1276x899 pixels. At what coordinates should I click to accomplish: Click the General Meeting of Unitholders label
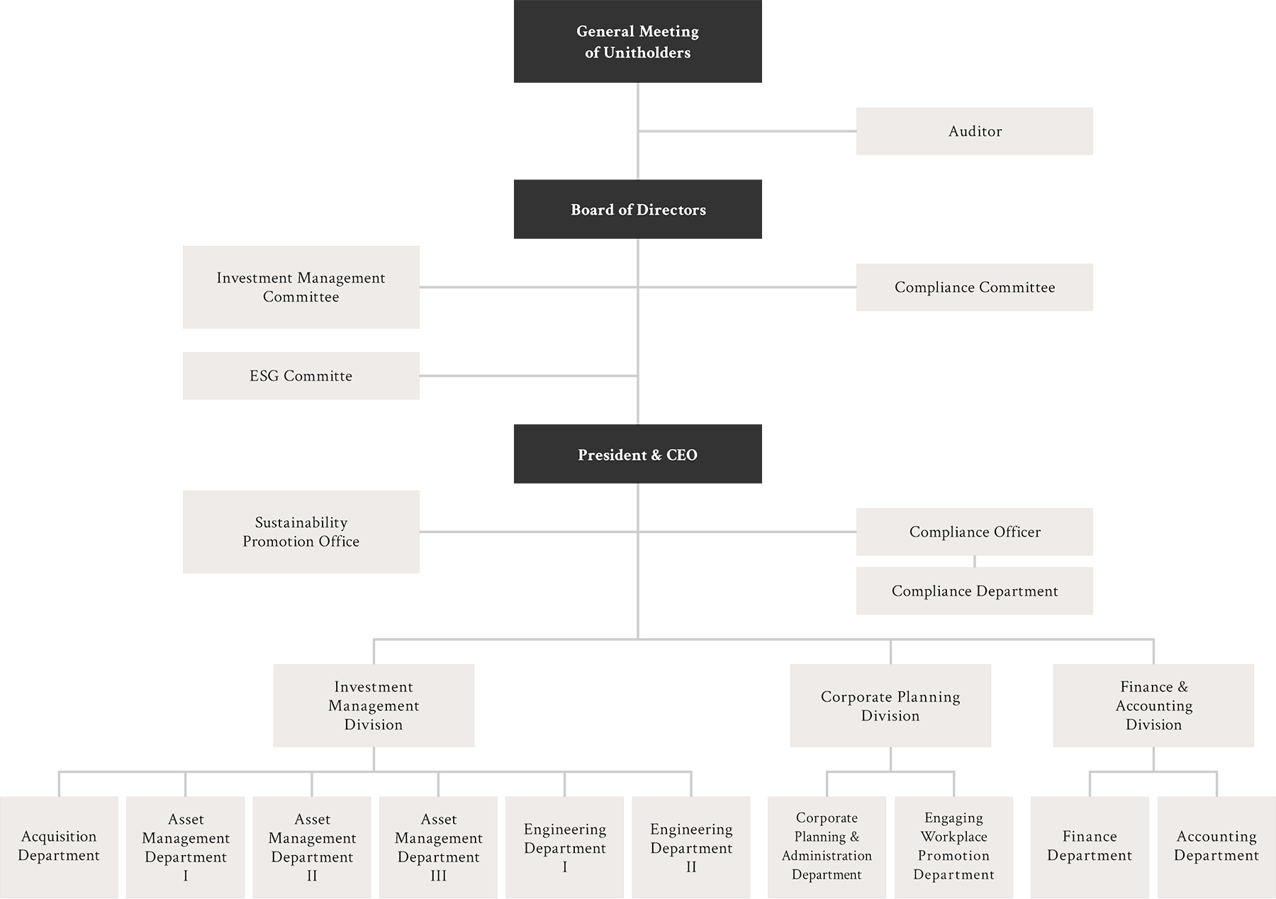637,42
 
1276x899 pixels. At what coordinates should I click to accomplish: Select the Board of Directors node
638,210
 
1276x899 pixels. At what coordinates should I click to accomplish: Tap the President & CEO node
637,455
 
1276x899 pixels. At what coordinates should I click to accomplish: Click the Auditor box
975,131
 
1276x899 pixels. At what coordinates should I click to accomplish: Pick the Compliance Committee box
975,287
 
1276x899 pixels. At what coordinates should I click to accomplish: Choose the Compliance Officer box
975,532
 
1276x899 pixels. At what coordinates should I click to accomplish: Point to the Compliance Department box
975,591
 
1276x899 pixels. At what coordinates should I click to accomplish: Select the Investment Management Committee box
301,287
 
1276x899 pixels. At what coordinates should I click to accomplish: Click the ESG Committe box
301,376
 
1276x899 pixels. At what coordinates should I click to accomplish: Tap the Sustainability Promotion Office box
301,532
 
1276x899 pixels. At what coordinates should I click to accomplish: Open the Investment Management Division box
374,705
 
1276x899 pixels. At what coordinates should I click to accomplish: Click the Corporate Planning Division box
890,705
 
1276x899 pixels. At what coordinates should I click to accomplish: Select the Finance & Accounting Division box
1153,705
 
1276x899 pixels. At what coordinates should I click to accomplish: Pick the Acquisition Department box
59,846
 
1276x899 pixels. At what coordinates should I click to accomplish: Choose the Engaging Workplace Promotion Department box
953,846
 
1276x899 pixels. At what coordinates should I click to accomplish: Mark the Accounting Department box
1216,846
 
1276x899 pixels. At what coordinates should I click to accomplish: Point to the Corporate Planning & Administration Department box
827,846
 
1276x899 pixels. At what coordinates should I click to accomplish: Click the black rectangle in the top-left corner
257,33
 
